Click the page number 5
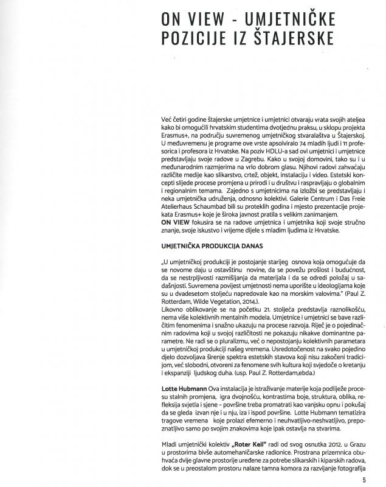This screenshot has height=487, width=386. [x=364, y=479]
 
